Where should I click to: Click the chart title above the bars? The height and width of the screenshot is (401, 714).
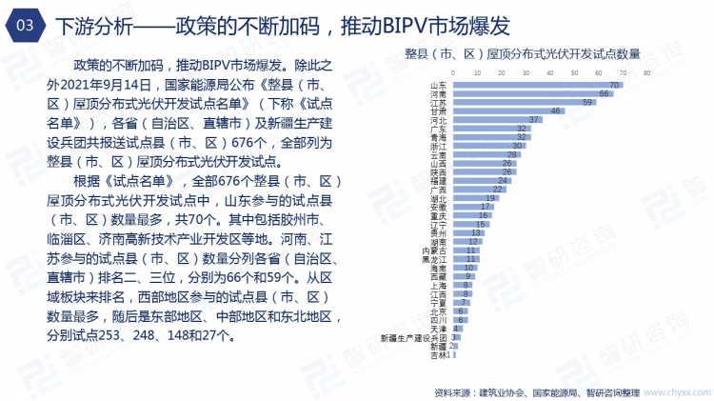click(x=522, y=54)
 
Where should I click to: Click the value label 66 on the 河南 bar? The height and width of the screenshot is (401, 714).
click(x=604, y=94)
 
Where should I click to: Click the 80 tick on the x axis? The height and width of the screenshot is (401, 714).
click(x=646, y=73)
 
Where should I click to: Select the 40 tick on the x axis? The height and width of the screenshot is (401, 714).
click(x=549, y=73)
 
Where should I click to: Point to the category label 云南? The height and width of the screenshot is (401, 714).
click(x=439, y=155)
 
